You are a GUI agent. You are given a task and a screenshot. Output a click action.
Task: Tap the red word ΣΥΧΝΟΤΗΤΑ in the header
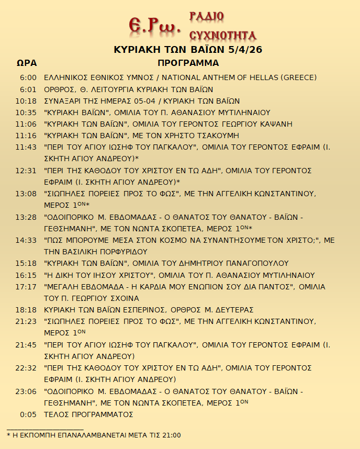pos(222,35)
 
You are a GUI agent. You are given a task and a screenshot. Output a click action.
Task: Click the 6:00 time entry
pos(28,78)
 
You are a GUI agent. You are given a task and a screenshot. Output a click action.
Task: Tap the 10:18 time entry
pos(26,101)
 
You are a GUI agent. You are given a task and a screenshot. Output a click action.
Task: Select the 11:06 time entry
pos(26,124)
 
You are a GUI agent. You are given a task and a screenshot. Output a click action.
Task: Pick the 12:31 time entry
pos(26,171)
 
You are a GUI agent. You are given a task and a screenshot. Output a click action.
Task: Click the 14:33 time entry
pos(26,240)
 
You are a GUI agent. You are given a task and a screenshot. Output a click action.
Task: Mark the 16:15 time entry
pos(26,275)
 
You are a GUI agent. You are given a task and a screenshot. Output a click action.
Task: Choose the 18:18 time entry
pos(26,310)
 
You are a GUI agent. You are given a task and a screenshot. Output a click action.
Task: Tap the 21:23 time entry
pos(26,321)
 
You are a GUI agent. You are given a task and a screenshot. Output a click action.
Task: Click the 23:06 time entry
pos(26,391)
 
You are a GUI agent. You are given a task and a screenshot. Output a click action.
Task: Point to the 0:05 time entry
pos(28,414)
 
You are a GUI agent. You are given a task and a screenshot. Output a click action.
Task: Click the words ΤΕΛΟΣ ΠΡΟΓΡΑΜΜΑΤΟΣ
pos(88,414)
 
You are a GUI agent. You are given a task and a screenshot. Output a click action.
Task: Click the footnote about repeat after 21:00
pos(94,435)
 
